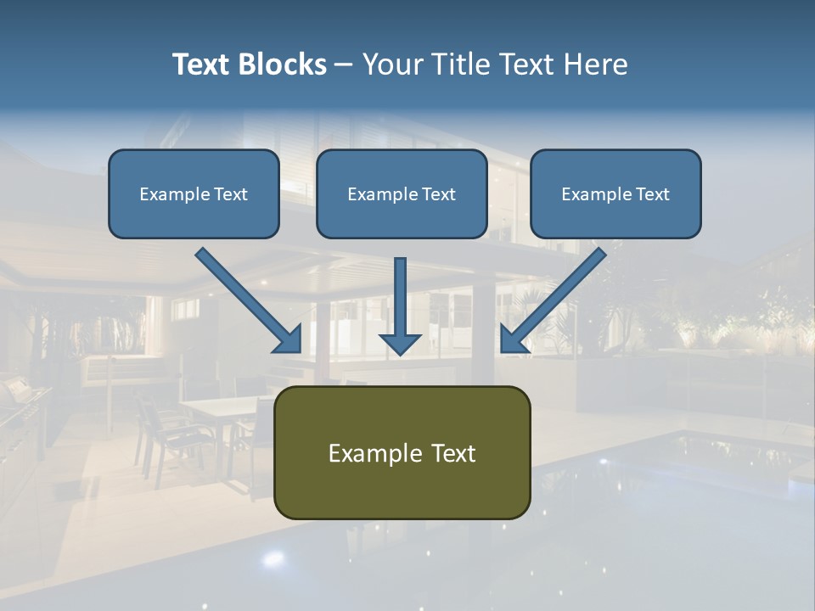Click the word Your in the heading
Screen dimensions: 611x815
(x=391, y=64)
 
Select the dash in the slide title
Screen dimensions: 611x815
(x=344, y=64)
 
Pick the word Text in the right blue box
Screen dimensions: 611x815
(x=652, y=194)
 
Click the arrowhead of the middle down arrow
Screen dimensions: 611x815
(x=401, y=344)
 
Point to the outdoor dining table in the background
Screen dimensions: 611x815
(x=219, y=408)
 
